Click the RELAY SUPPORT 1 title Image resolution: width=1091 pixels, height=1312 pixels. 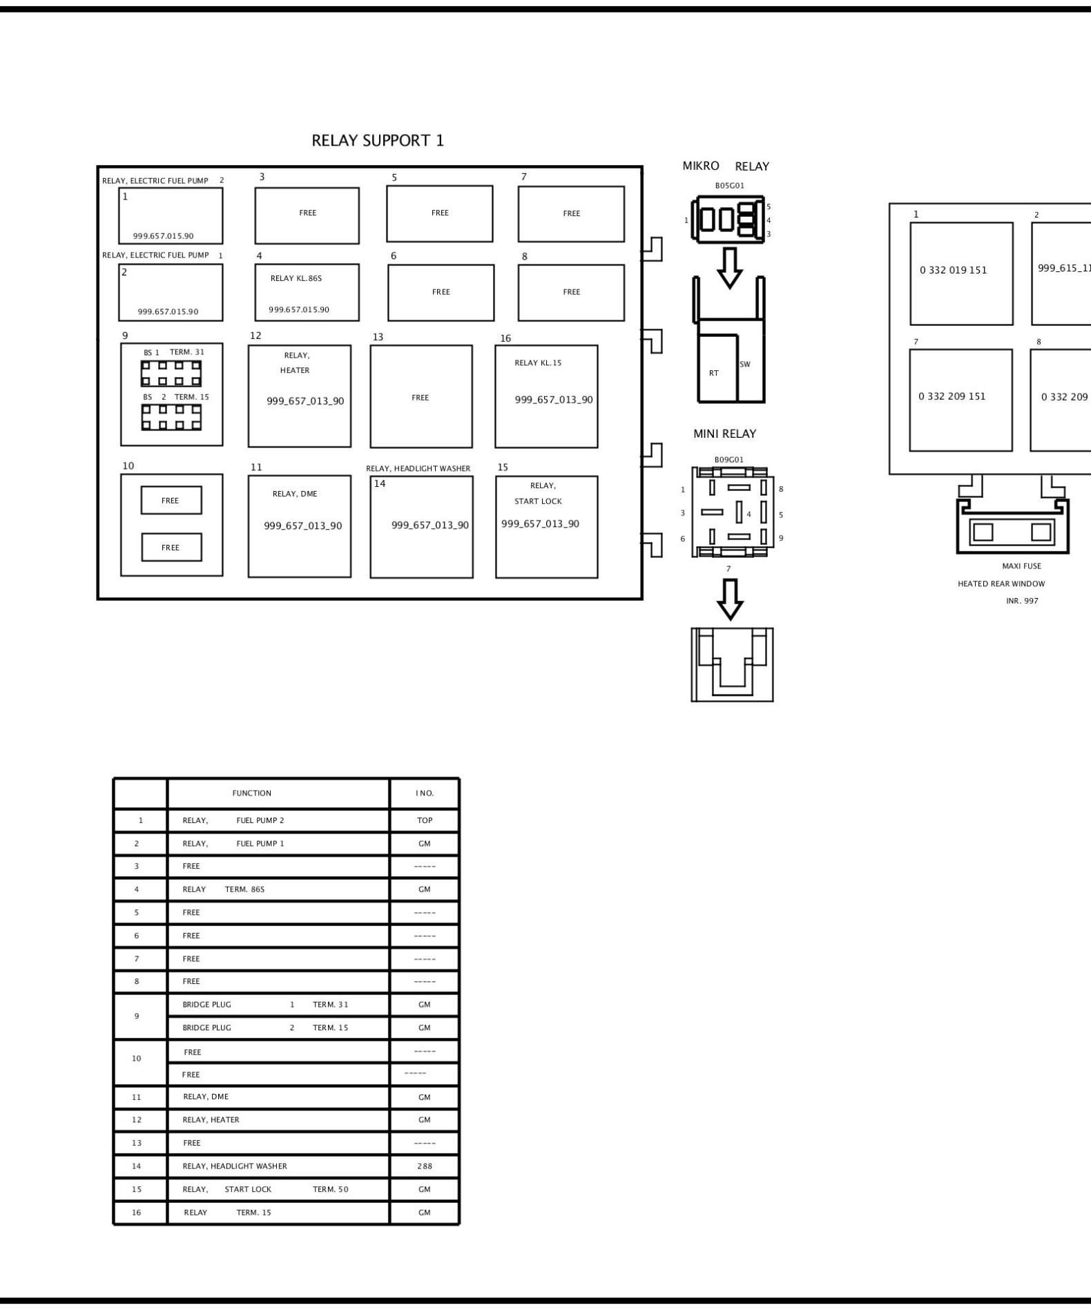pos(378,141)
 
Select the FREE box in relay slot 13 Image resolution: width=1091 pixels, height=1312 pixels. pos(421,396)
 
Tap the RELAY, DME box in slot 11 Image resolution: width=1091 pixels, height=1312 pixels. pos(300,526)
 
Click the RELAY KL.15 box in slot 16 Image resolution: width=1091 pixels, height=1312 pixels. pos(546,396)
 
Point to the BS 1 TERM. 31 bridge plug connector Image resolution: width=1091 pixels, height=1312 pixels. pos(171,374)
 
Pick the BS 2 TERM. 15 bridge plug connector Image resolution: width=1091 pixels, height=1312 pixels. pos(171,417)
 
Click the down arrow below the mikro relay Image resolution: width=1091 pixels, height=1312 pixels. pos(730,267)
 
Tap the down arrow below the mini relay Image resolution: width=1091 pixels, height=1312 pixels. pos(730,599)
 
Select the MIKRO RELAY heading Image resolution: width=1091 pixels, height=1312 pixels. pos(726,166)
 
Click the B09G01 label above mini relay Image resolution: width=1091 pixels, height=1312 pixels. pos(729,460)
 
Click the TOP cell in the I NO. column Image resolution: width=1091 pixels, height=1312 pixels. pos(425,820)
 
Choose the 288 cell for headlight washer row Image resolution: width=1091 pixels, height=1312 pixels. pos(425,1166)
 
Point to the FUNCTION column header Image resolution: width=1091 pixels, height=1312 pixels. pos(252,793)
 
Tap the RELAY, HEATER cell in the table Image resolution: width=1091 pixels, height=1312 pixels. pos(211,1120)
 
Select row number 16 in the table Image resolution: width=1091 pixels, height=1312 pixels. pos(137,1213)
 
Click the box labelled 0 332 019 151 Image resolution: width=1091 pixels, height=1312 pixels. pos(961,273)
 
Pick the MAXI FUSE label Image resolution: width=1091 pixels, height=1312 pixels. pos(1021,566)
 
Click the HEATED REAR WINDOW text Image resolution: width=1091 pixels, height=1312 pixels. pos(1001,584)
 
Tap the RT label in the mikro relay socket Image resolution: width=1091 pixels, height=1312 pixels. pos(714,374)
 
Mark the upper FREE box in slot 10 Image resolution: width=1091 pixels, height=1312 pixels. pos(171,501)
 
